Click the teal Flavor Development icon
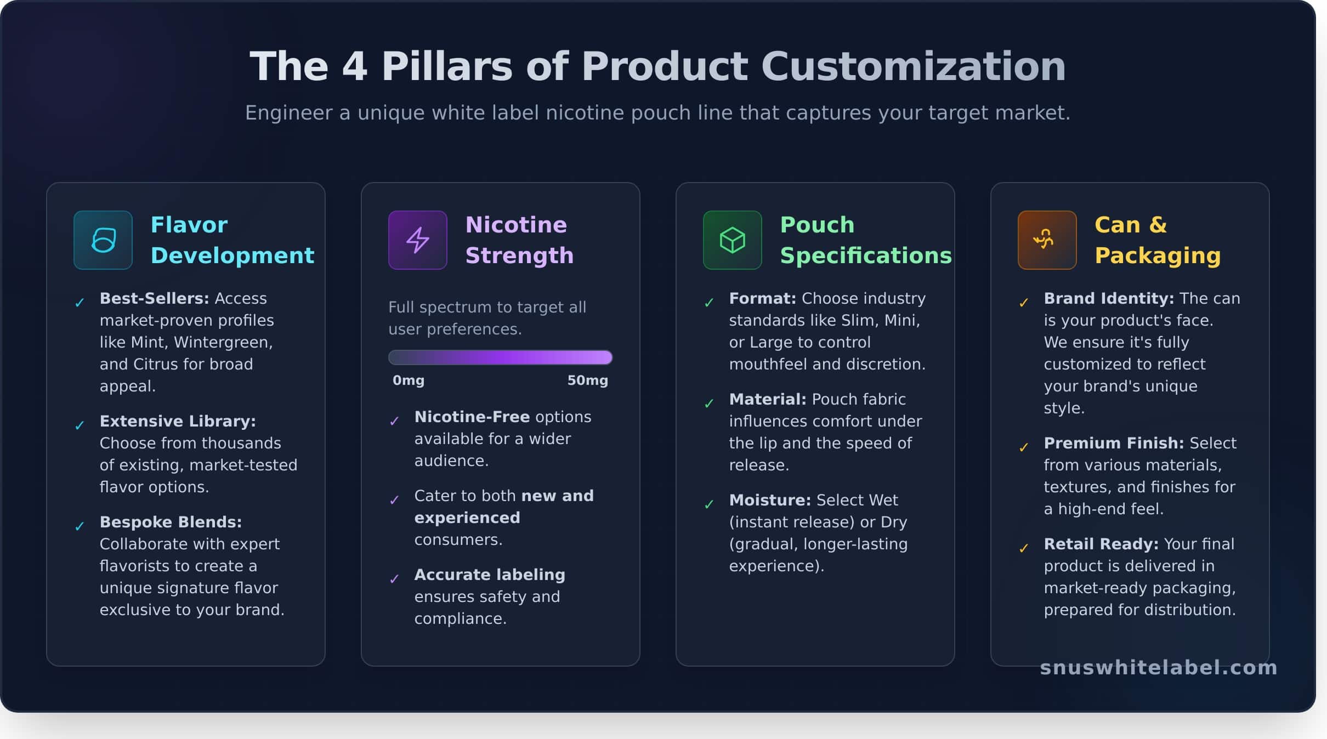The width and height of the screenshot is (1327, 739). pyautogui.click(x=103, y=240)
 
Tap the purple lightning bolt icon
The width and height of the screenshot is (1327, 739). pyautogui.click(x=417, y=240)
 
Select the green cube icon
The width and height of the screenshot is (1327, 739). pyautogui.click(x=732, y=240)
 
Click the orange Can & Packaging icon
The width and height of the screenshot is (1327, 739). pyautogui.click(x=1047, y=240)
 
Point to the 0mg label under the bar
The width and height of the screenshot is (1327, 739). pyautogui.click(x=409, y=380)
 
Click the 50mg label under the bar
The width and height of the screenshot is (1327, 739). pyautogui.click(x=587, y=380)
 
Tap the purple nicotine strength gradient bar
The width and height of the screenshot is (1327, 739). pyautogui.click(x=500, y=357)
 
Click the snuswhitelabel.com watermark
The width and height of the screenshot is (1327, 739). pyautogui.click(x=1158, y=668)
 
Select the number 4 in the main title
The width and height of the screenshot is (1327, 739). pyautogui.click(x=354, y=67)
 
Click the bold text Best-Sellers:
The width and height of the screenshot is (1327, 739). pyautogui.click(x=154, y=298)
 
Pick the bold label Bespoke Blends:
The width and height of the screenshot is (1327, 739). pyautogui.click(x=171, y=522)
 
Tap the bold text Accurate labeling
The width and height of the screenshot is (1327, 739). pyautogui.click(x=489, y=575)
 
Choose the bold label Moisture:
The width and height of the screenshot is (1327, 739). pyautogui.click(x=769, y=500)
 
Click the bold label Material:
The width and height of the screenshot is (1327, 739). pyautogui.click(x=767, y=399)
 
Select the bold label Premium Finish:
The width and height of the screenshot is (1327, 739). pyautogui.click(x=1113, y=443)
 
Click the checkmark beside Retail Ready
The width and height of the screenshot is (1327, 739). pyautogui.click(x=1023, y=548)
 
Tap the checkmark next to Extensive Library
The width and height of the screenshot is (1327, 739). pyautogui.click(x=80, y=425)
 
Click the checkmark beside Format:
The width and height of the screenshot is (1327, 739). pyautogui.click(x=708, y=303)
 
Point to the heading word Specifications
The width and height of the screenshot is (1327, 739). pyautogui.click(x=865, y=255)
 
